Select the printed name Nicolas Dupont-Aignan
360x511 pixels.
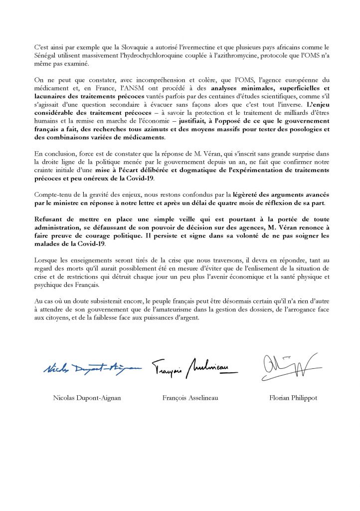(x=88, y=398)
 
